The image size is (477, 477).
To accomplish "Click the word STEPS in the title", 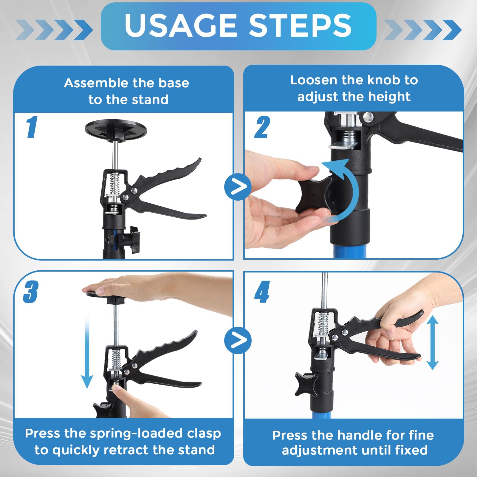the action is pos(300,26).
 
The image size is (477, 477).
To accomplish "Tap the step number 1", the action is pos(32,127).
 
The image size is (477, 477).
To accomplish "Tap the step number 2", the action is pos(262,127).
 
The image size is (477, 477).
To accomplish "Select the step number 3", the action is pos(31,292).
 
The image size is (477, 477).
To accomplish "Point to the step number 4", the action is pos(262,292).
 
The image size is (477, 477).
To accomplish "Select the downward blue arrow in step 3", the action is pos(87,352).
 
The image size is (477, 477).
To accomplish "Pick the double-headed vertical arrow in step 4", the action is pos(432,343).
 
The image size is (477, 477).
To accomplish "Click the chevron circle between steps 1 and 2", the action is pos(238,187).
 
